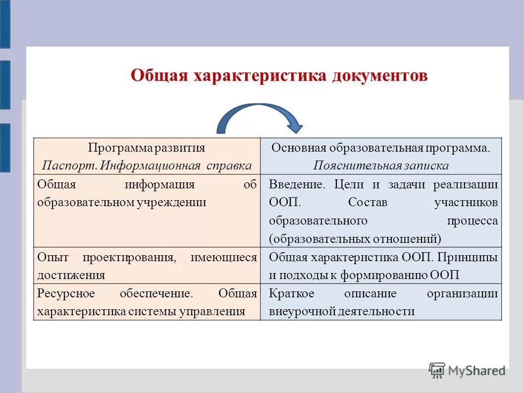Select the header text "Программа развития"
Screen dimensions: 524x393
click(147, 148)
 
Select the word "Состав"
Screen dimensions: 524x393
click(367, 202)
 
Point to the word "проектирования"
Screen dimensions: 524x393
click(129, 257)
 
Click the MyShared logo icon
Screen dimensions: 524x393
click(437, 370)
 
